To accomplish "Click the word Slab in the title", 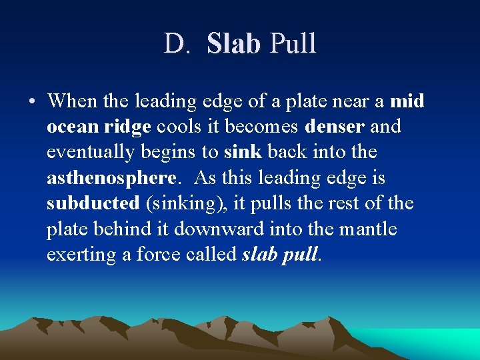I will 233,44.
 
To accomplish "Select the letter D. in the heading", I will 178,44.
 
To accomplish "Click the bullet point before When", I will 32,102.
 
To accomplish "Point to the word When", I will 70,101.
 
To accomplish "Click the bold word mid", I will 407,101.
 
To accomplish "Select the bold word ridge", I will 127,127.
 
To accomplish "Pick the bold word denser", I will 334,127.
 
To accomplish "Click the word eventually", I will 89,153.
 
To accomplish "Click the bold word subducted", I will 93,203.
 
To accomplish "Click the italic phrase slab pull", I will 279,255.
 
